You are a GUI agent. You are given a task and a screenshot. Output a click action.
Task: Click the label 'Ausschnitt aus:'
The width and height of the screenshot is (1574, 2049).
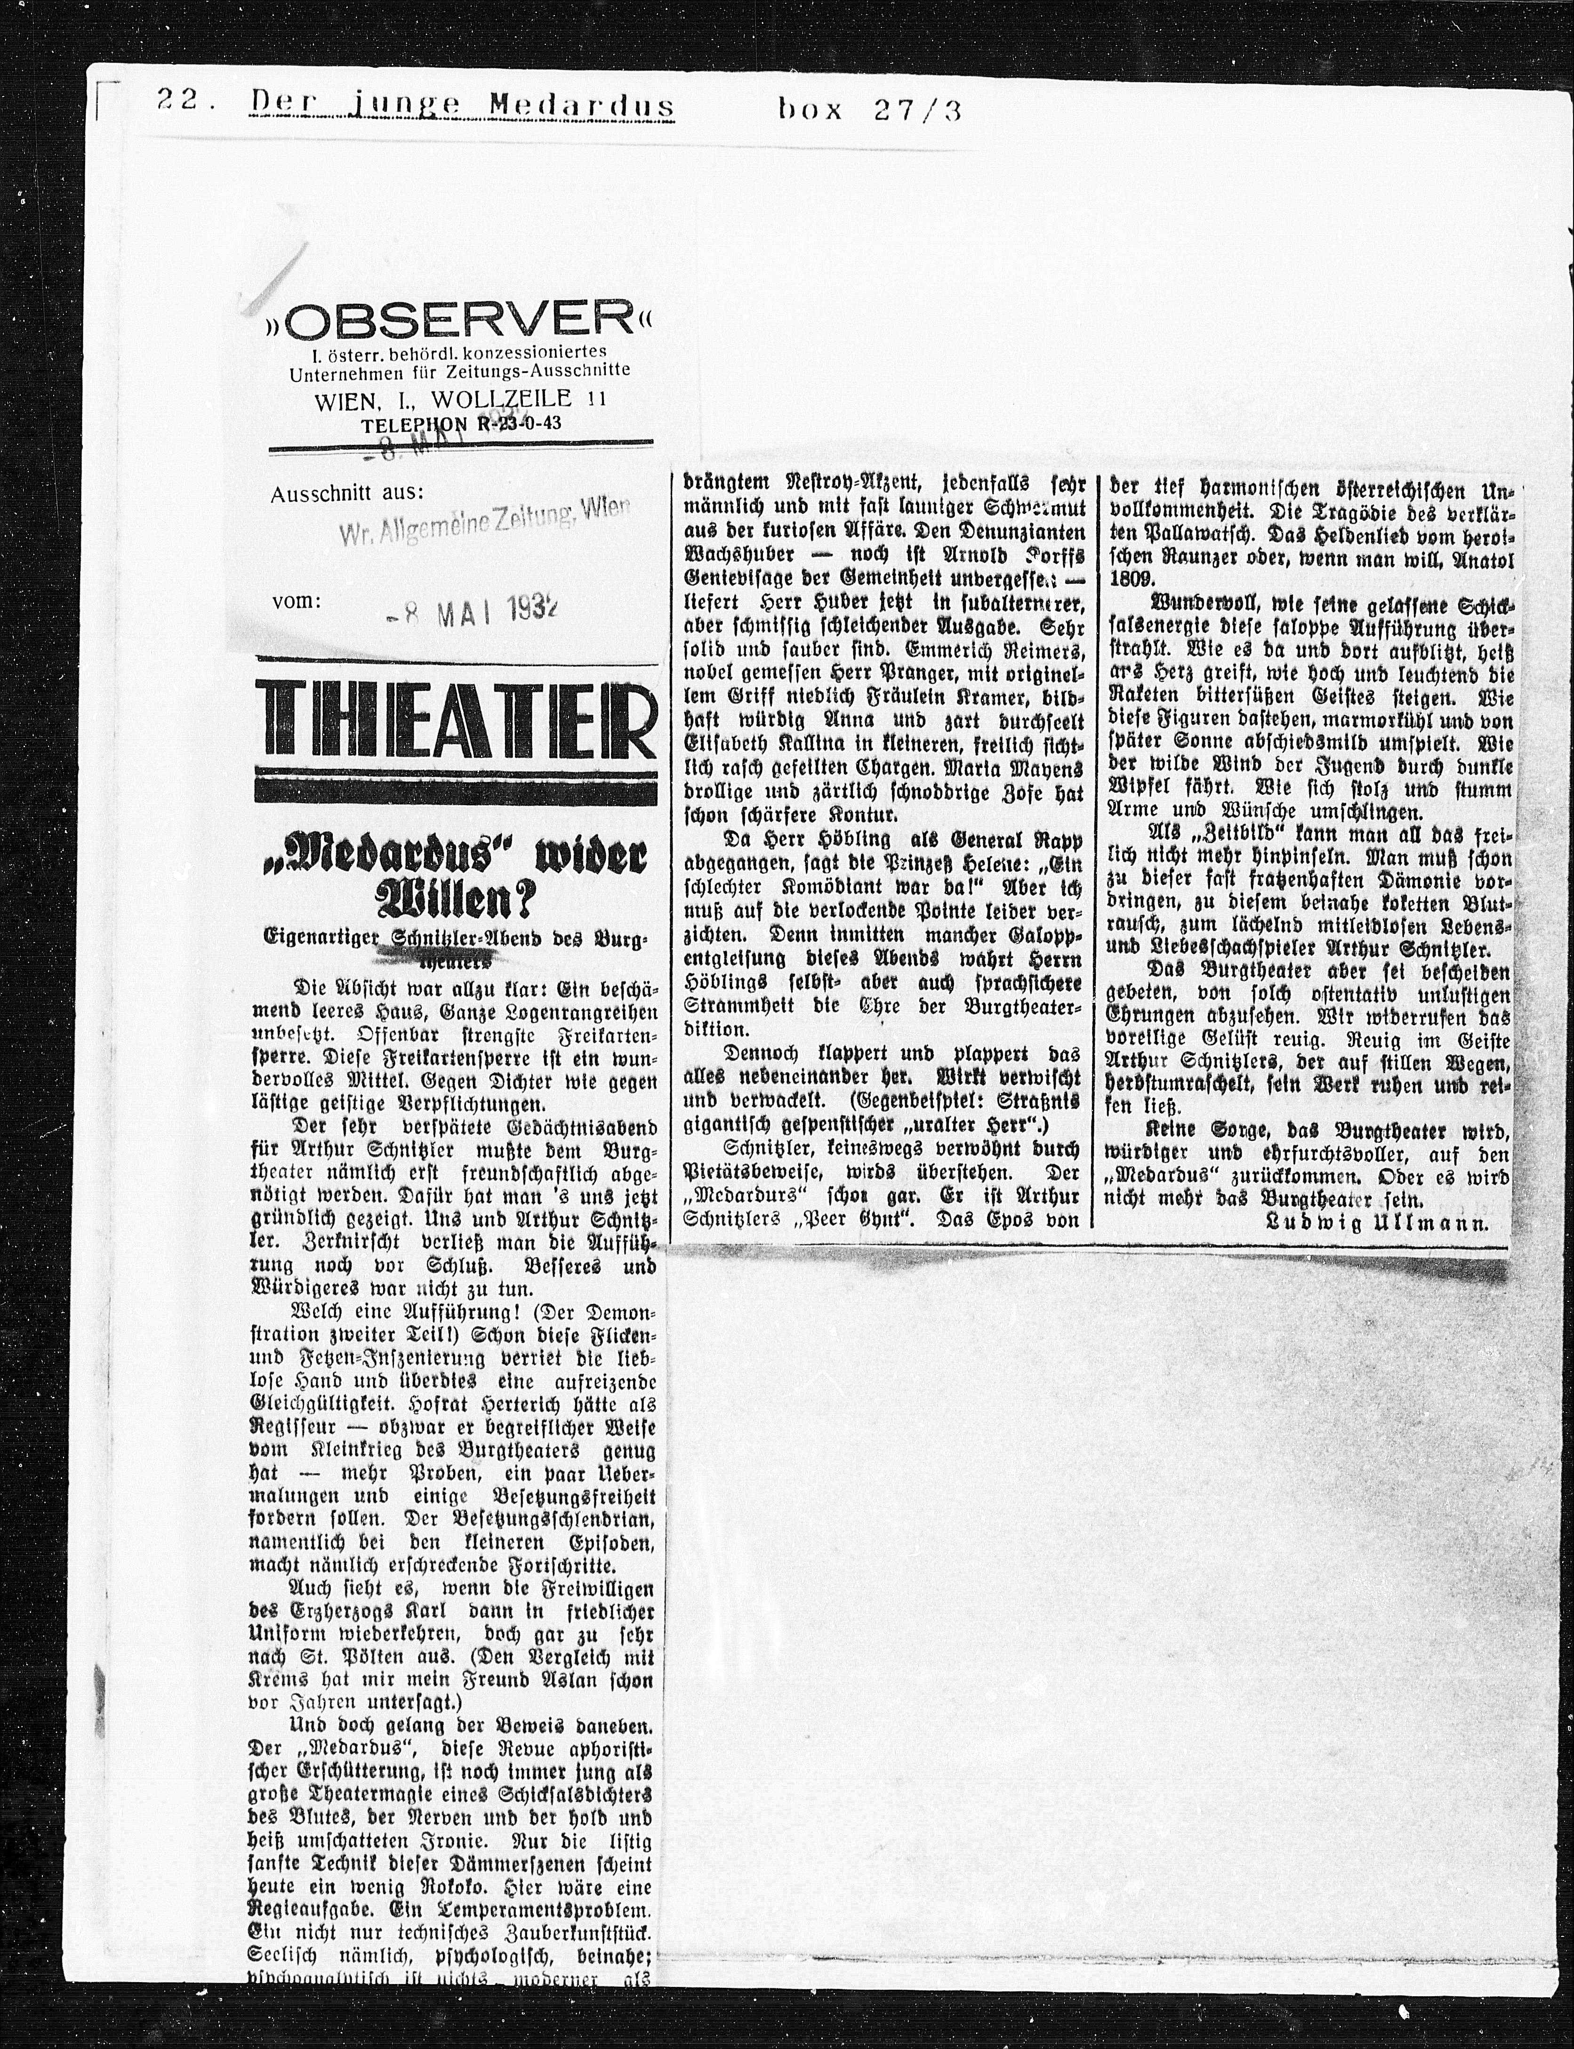(346, 493)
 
